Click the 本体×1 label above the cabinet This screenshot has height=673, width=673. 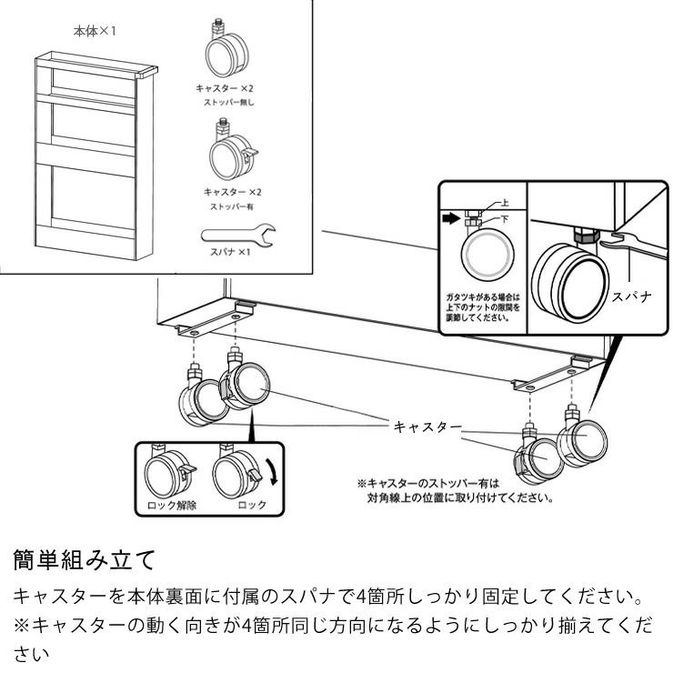pos(95,31)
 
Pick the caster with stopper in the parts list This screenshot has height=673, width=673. pos(231,155)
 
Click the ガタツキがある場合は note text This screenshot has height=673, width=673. pos(482,296)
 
